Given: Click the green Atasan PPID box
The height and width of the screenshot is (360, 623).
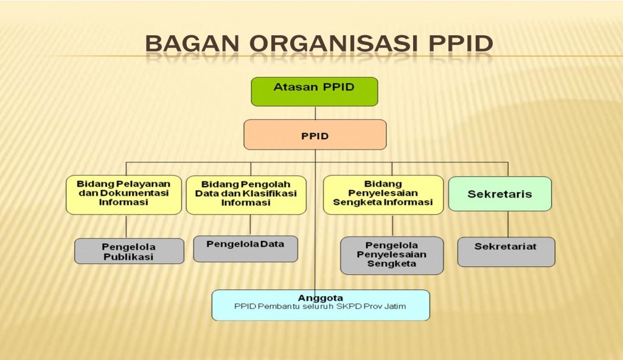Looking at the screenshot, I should [x=315, y=91].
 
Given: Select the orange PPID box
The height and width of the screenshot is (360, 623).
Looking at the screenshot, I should [x=315, y=134].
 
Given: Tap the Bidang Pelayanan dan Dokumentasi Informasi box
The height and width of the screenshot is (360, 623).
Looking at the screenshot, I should [x=124, y=194].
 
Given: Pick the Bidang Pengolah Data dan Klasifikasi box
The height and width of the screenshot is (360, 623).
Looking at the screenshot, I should [x=246, y=194].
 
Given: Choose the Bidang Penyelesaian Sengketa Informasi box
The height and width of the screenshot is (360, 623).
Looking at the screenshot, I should [x=383, y=194].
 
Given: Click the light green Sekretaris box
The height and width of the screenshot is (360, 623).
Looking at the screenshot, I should [x=499, y=194].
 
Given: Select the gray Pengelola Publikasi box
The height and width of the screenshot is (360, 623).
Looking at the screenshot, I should [x=129, y=251].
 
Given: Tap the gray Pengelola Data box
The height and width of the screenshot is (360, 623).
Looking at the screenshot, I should [x=245, y=248].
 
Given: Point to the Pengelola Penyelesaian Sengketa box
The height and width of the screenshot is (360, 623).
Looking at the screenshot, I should [x=392, y=255].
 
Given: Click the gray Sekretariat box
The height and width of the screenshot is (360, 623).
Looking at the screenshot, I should [x=506, y=251].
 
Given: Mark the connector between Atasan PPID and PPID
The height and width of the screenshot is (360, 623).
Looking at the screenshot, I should [x=315, y=113].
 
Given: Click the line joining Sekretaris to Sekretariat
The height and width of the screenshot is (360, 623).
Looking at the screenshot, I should [x=508, y=224].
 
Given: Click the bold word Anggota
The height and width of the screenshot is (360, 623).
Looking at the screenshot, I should [x=320, y=298].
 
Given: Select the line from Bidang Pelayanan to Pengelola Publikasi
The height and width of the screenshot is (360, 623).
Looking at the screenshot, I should [x=126, y=226].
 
